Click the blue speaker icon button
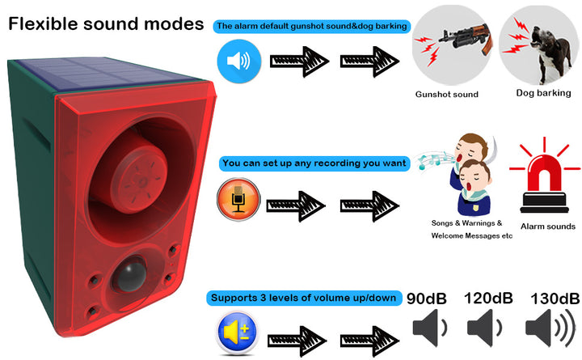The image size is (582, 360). click(x=239, y=61)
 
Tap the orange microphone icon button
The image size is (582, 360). click(x=238, y=199)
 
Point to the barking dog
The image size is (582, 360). click(x=550, y=52)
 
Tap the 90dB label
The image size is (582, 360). click(x=427, y=299)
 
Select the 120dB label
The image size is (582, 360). click(x=488, y=298)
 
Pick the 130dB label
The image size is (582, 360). click(x=555, y=299)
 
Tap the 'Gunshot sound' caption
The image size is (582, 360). click(x=446, y=95)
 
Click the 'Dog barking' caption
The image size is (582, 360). click(x=543, y=93)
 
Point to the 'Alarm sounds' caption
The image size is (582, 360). click(x=548, y=227)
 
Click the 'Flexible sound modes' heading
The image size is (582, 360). click(x=106, y=23)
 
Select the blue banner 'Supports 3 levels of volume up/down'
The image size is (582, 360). click(x=304, y=298)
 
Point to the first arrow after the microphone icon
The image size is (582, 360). click(x=296, y=205)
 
